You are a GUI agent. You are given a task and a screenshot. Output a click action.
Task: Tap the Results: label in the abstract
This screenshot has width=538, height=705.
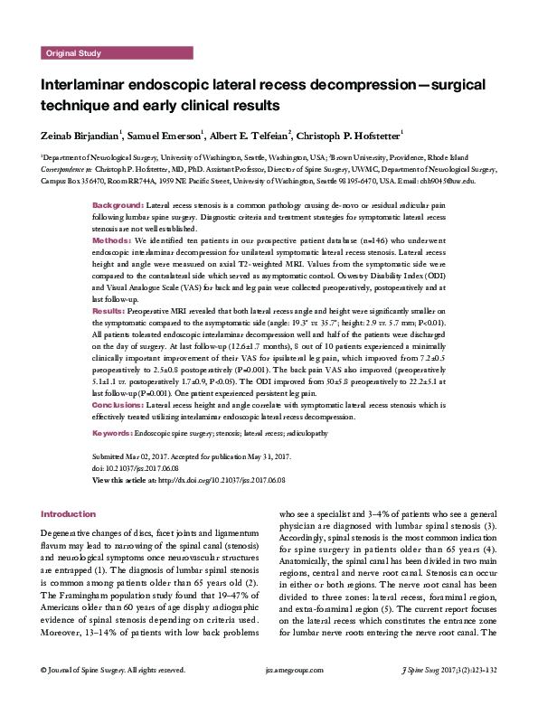(x=110, y=308)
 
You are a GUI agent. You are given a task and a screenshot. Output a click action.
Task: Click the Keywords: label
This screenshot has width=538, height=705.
(x=115, y=433)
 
